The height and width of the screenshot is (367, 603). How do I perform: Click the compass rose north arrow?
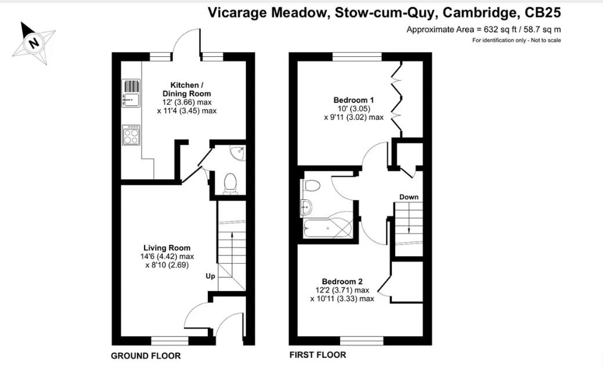[x=34, y=42]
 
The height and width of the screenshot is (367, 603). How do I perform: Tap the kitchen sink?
[x=131, y=93]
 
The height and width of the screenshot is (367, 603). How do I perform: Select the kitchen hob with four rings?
[x=131, y=135]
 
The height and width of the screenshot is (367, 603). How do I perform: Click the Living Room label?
[x=167, y=248]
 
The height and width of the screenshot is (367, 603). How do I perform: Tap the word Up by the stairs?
[x=210, y=276]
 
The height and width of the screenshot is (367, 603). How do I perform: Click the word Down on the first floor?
[x=409, y=197]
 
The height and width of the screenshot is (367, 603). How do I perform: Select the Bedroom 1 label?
[x=353, y=100]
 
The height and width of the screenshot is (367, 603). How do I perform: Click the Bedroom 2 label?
[x=342, y=282]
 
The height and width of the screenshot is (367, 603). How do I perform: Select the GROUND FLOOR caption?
[x=146, y=356]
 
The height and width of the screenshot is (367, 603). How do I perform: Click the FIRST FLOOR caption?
[x=318, y=355]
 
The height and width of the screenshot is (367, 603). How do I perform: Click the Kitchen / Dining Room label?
[x=186, y=89]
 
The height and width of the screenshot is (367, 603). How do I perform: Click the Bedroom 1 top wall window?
[x=358, y=56]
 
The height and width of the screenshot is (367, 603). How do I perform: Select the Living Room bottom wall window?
[x=169, y=341]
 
